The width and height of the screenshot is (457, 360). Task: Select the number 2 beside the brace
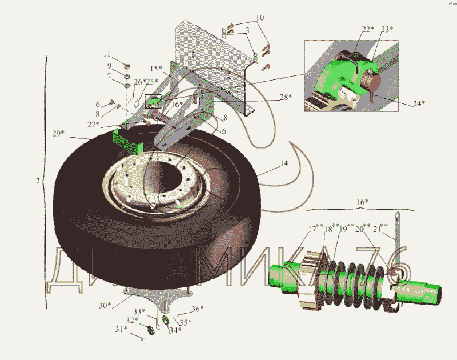(x=37, y=181)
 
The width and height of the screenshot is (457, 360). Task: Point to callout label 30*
(x=105, y=305)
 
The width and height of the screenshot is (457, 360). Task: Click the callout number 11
(x=107, y=54)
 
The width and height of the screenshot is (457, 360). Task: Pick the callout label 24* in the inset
(x=419, y=103)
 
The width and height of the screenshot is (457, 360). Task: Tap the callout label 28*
(x=285, y=97)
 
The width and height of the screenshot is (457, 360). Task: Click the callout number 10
(x=260, y=18)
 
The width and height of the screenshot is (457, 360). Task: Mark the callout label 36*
(x=197, y=309)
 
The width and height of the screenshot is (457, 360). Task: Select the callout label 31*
(x=119, y=329)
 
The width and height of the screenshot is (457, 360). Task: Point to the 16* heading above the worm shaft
(x=362, y=202)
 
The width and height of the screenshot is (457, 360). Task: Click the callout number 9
(x=109, y=65)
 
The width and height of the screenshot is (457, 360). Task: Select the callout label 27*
(x=94, y=123)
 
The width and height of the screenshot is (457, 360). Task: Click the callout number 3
(x=247, y=29)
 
